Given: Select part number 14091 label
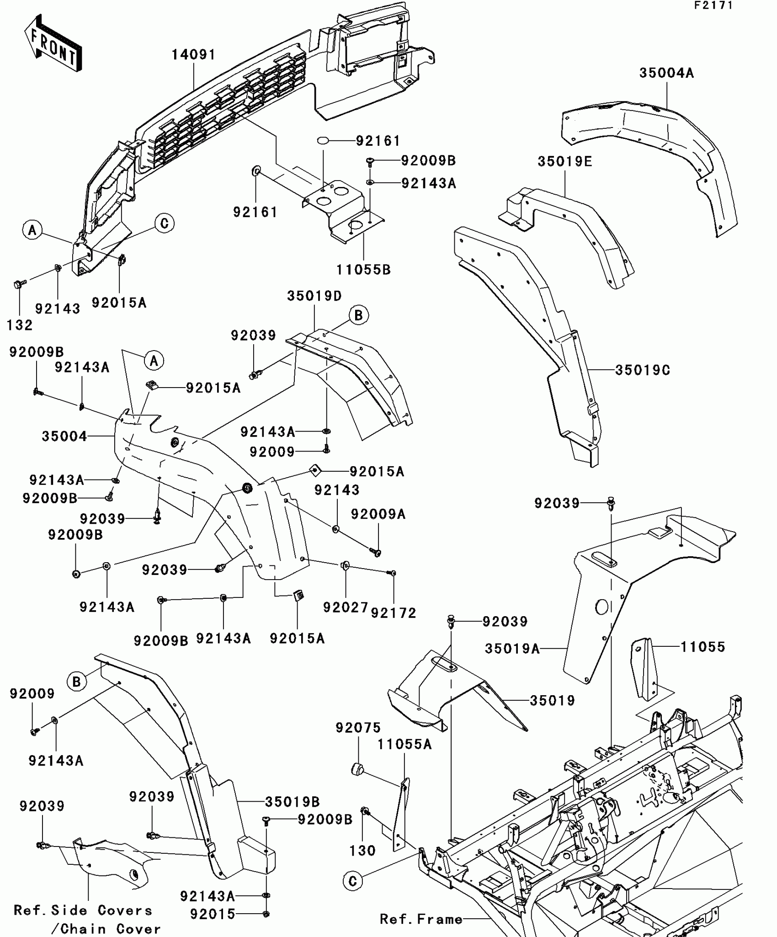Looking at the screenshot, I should click(193, 55).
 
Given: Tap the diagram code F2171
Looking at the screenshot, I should click(713, 5).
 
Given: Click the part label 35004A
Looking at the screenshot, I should click(666, 73).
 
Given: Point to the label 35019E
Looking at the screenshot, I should click(564, 162).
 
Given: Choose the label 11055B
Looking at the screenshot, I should click(363, 270).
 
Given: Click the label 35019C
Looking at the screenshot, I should click(642, 370).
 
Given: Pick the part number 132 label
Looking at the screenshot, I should click(20, 325).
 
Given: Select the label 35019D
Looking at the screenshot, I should click(314, 296).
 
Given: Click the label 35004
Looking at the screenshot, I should click(64, 437).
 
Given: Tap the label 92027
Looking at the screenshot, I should click(345, 607).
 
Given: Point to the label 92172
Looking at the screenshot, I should click(394, 613).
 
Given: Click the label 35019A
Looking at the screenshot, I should click(512, 649).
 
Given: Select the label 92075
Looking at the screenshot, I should click(358, 728).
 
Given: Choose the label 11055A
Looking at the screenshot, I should click(404, 745).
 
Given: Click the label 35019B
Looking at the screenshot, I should click(293, 802).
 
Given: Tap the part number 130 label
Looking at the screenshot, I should click(362, 851).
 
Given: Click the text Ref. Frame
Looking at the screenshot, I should click(421, 919).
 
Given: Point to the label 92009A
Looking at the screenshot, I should click(378, 515).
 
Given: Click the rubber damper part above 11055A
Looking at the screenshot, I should click(357, 769).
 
